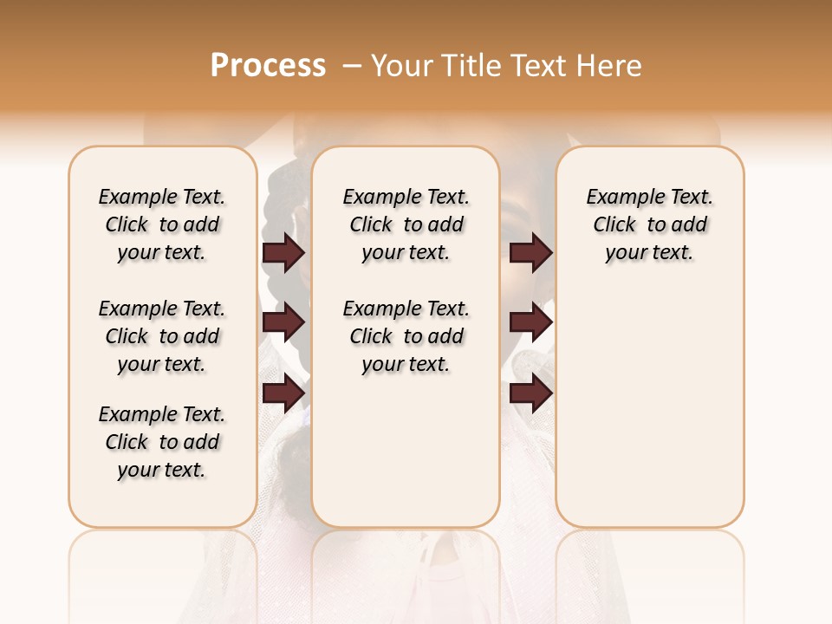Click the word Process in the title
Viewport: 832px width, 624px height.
click(x=268, y=66)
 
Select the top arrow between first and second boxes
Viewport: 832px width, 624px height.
click(x=283, y=252)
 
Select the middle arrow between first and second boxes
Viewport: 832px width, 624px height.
click(x=283, y=323)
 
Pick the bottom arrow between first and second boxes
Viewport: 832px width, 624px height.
click(x=283, y=393)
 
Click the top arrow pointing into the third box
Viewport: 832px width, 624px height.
click(x=530, y=252)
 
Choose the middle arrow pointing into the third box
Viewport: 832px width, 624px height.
click(x=530, y=323)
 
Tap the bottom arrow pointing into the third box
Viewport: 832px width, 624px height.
click(x=530, y=393)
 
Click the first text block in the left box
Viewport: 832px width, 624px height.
click(x=162, y=224)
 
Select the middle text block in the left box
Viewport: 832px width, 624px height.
click(x=162, y=336)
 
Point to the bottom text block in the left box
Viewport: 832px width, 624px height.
click(x=162, y=442)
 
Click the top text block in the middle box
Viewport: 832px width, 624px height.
click(x=406, y=224)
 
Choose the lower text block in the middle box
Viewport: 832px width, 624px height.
click(x=406, y=336)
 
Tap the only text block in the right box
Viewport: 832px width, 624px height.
click(x=649, y=224)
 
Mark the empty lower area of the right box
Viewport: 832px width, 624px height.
click(x=649, y=399)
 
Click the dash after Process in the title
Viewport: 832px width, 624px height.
click(x=351, y=66)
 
